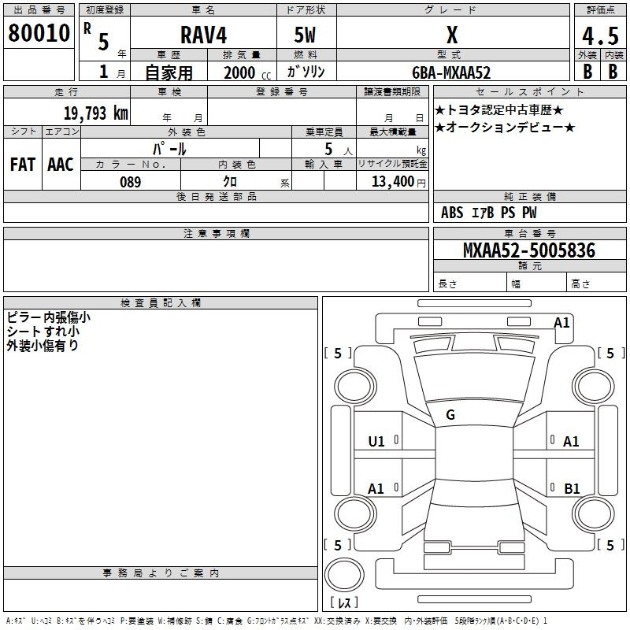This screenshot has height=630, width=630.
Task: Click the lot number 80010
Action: point(39,33)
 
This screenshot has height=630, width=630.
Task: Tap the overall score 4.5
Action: point(599,37)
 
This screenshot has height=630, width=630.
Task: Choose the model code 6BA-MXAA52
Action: point(451,72)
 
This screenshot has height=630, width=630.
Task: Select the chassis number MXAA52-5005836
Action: point(528,250)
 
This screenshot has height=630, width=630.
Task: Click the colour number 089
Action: point(130,182)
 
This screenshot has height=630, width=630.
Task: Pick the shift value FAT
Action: point(23,165)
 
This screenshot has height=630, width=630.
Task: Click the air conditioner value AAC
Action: point(61,165)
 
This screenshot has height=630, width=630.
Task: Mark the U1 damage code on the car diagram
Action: point(376,442)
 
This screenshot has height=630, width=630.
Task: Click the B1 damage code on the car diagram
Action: point(572,489)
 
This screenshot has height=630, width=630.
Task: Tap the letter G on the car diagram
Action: point(450,415)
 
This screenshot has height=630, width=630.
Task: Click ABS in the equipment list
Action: point(452,212)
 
